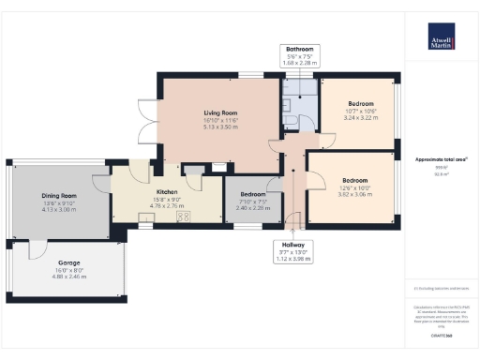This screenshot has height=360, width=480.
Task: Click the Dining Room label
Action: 57,170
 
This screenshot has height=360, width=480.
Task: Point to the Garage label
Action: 68,262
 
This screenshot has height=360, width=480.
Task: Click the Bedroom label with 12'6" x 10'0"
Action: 355,179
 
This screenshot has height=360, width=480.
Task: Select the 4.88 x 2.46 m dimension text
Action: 68,277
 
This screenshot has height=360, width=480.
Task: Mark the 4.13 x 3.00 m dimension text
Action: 57,185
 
